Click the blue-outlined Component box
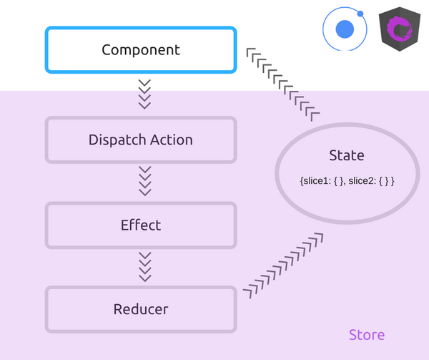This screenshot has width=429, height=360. click(x=140, y=50)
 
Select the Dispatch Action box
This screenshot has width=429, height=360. click(x=140, y=140)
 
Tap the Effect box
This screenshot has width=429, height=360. click(x=140, y=225)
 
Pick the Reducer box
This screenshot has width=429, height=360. click(x=140, y=309)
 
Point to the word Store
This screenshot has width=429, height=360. click(x=367, y=335)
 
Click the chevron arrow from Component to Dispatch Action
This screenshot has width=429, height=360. click(x=144, y=94)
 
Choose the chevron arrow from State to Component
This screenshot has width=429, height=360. click(x=282, y=83)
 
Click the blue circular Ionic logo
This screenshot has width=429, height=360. click(x=345, y=29)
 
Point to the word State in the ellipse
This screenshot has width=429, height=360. click(x=347, y=156)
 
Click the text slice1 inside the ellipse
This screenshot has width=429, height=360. click(x=314, y=182)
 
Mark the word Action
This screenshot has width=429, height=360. click(x=169, y=140)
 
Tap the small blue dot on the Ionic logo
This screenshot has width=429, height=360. click(x=360, y=14)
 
